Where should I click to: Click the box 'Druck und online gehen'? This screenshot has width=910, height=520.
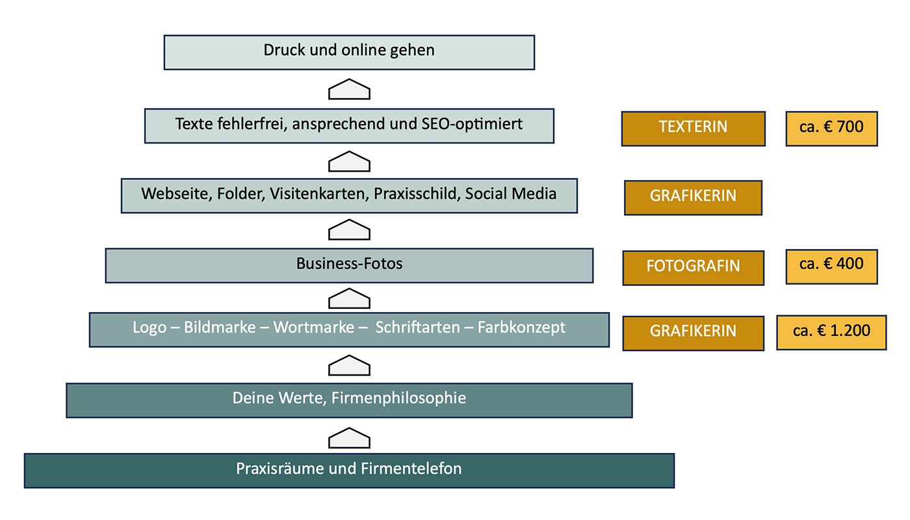pos(349,52)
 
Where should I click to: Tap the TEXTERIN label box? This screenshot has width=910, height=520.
pos(693,128)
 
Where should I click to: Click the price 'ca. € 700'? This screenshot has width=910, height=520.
pos(831,128)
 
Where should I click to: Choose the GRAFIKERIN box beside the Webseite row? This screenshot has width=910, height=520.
pos(693,197)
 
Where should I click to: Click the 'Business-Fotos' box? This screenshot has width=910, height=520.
pos(349,265)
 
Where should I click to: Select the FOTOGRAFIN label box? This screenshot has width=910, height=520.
pos(693,267)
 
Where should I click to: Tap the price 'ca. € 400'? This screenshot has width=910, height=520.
pos(831,265)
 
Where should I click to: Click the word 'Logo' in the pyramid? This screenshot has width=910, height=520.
pos(149,328)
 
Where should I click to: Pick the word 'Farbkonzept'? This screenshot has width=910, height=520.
pos(521,328)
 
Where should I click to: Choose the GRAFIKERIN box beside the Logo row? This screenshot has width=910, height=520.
pos(693,332)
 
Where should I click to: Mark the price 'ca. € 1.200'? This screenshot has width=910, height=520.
pos(831,331)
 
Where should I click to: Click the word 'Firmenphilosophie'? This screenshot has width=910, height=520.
pos(398,398)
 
